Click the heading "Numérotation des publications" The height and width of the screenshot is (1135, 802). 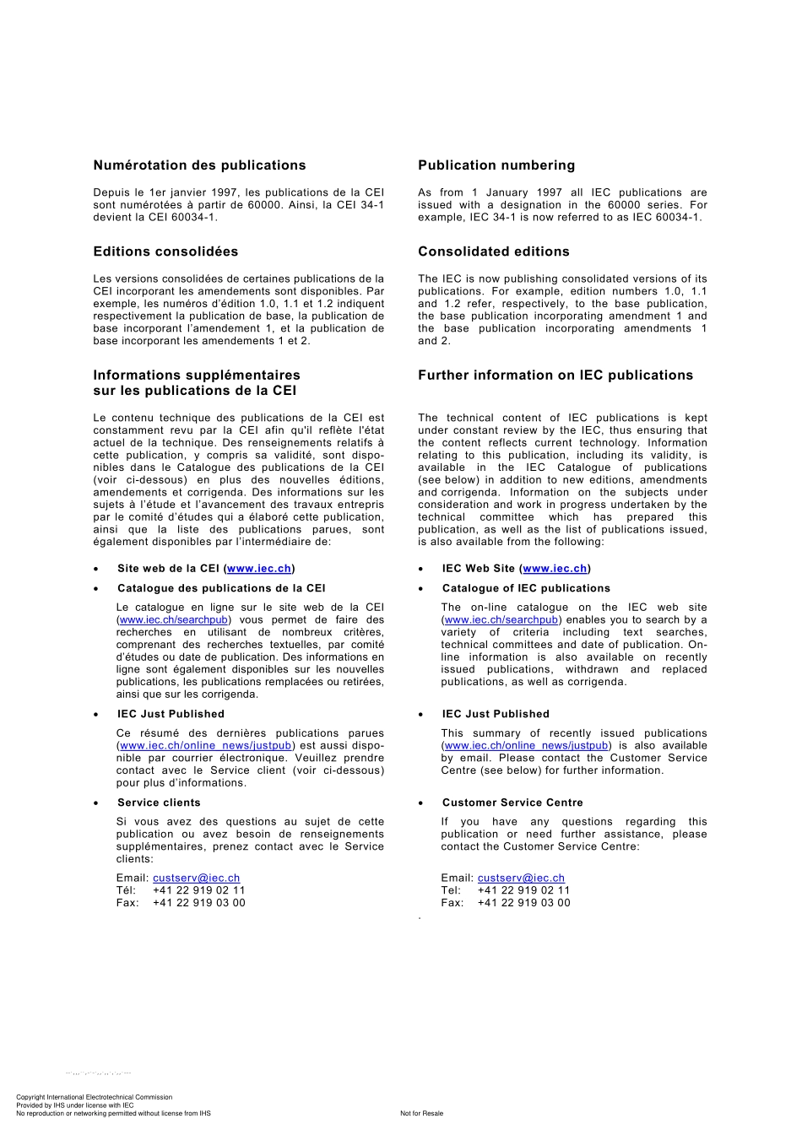[x=199, y=165]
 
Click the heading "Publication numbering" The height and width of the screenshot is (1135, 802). [x=496, y=165]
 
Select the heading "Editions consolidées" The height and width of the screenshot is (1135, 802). [x=165, y=251]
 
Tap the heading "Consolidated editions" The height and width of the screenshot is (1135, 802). [x=493, y=251]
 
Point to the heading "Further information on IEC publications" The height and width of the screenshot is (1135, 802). [x=555, y=376]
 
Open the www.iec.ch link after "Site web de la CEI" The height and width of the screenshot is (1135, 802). [x=259, y=569]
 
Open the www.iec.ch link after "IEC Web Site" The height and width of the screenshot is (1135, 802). [x=555, y=569]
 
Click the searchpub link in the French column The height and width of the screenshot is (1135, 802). [x=174, y=620]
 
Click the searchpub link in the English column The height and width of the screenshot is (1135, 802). [x=501, y=620]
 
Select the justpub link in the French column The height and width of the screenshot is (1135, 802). [x=206, y=746]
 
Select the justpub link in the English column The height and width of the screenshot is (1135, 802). [x=526, y=746]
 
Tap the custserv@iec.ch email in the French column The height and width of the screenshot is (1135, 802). [x=196, y=878]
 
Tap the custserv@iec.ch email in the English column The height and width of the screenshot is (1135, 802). [x=521, y=878]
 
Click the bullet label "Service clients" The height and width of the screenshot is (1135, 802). [x=159, y=803]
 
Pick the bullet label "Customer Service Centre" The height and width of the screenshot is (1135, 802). [x=512, y=803]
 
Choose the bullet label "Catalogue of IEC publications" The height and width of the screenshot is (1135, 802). [x=526, y=588]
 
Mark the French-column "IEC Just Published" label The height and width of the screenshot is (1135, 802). [x=171, y=714]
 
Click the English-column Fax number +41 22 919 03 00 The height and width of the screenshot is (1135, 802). [x=523, y=903]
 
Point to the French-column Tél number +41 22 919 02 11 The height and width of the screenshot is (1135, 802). [x=198, y=890]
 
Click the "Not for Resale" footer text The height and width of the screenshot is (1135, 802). [x=421, y=1113]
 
